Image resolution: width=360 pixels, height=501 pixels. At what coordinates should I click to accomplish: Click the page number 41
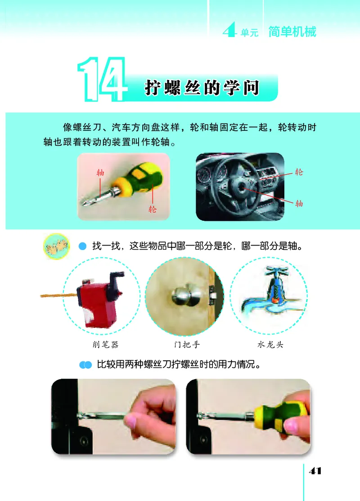pyautogui.click(x=315, y=471)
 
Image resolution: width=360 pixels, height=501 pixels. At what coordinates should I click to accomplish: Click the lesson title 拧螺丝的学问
pyautogui.click(x=202, y=88)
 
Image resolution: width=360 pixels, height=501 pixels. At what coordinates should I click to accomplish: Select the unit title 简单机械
pyautogui.click(x=292, y=32)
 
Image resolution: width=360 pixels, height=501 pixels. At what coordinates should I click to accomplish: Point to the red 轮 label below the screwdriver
pyautogui.click(x=153, y=209)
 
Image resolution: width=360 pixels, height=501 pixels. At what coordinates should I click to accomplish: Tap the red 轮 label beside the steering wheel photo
pyautogui.click(x=299, y=172)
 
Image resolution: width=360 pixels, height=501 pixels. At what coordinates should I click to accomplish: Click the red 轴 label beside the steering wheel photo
pyautogui.click(x=299, y=203)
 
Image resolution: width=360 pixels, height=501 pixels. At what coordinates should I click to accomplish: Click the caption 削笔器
pyautogui.click(x=101, y=345)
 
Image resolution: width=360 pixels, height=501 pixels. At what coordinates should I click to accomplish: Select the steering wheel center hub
pyautogui.click(x=238, y=184)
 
